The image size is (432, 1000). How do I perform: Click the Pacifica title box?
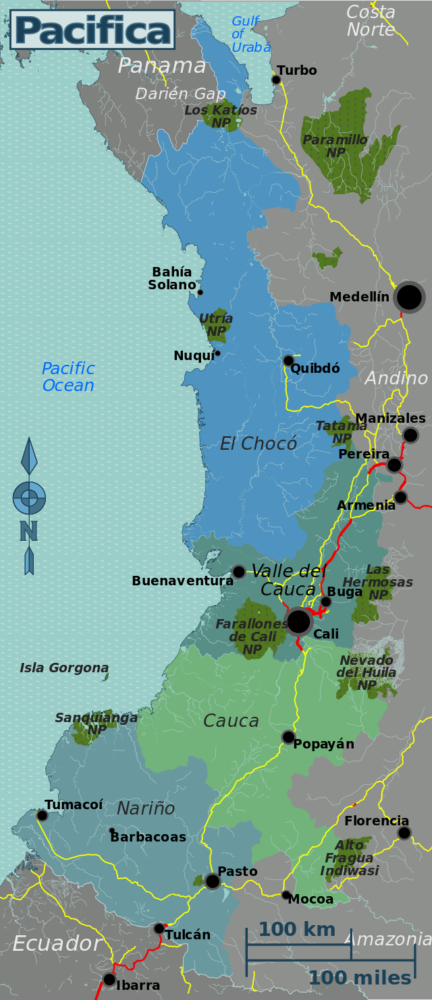coord(92,30)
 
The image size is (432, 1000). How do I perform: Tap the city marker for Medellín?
coord(409,297)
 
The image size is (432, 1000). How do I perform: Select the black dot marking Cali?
coord(298,621)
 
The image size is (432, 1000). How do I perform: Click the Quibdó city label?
coord(315,369)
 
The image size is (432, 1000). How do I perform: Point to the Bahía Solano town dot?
coord(200,292)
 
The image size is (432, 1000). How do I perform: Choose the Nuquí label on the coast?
coord(194,356)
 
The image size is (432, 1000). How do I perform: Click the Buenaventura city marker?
coord(239,572)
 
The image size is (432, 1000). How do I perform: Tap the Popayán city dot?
coord(288,737)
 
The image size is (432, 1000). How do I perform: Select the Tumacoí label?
coord(74,804)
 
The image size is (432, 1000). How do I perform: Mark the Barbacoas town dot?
coord(111,830)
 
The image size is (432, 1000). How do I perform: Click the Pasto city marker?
coord(213,881)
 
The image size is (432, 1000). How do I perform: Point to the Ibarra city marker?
coord(109,979)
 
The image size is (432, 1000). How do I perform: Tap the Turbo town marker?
coord(276,80)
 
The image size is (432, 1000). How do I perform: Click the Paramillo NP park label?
coord(335,146)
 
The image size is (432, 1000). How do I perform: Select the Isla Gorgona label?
coord(64,668)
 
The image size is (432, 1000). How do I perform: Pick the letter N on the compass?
coord(28,531)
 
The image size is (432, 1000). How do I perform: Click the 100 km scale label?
coord(297,929)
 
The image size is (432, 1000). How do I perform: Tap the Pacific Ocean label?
coord(68,377)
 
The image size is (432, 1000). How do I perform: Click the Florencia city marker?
coord(404,833)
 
